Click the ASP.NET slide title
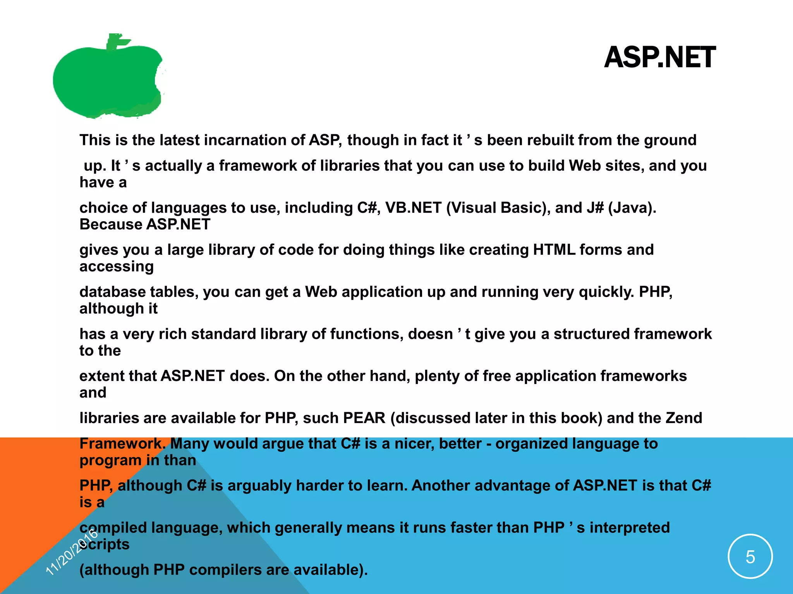659,58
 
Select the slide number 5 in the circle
750,557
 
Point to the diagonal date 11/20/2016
72,552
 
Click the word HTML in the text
554,250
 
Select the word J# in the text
595,208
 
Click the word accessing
117,266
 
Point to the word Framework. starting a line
122,444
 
